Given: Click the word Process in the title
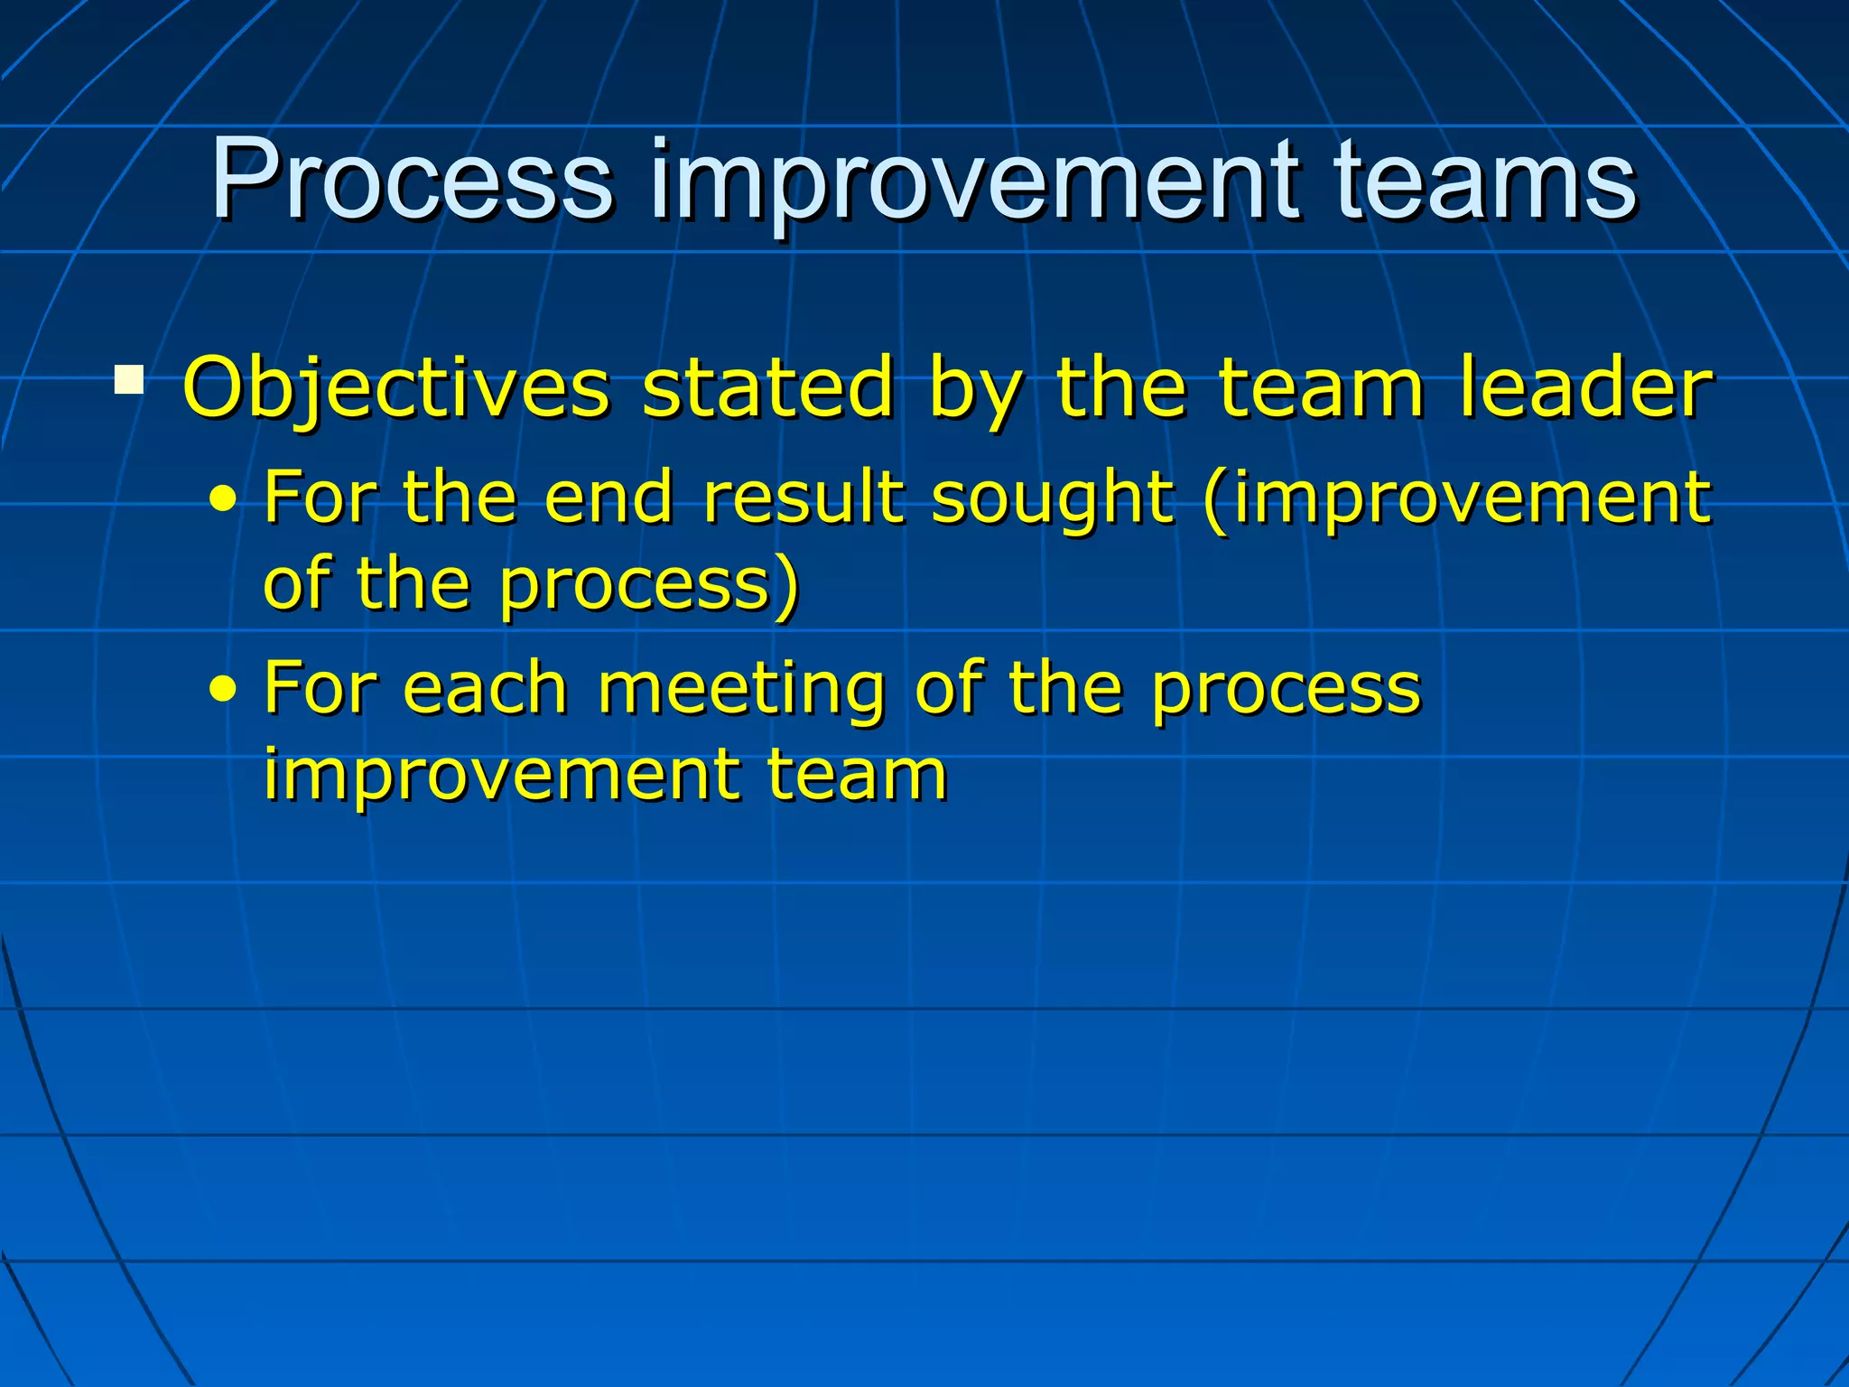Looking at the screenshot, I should (412, 181).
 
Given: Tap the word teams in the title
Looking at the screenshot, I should (1484, 181).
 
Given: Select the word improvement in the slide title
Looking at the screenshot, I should (974, 185).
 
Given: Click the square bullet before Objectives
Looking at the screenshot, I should (129, 380).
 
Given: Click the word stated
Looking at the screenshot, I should (768, 388).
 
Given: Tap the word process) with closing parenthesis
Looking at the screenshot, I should (649, 587).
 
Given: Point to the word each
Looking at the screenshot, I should (485, 688).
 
